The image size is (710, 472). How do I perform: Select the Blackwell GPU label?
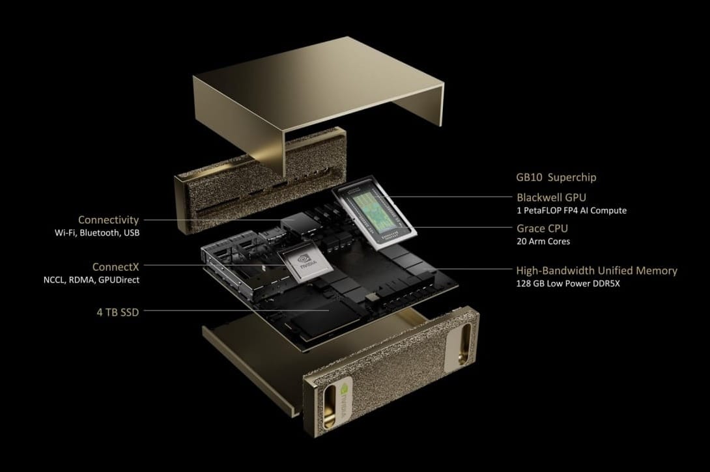552,197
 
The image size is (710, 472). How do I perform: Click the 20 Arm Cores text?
543,242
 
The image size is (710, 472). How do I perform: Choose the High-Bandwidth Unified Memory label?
596,270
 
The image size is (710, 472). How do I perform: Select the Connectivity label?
108,220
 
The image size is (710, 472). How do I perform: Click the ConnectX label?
115,266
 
